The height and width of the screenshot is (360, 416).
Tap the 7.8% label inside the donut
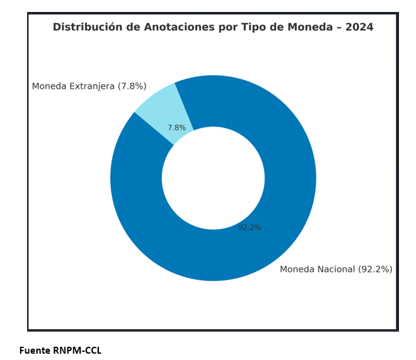coord(176,128)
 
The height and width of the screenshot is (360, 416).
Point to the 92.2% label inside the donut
coord(250,228)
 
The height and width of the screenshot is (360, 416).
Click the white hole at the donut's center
coord(213,178)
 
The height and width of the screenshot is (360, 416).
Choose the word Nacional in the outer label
coord(334,269)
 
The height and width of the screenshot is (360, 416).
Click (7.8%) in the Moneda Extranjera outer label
coord(132,86)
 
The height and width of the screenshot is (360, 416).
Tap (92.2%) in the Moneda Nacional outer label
coord(375,269)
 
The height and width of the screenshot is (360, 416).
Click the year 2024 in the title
coord(359,27)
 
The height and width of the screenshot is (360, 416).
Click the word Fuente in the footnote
coord(34,351)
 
